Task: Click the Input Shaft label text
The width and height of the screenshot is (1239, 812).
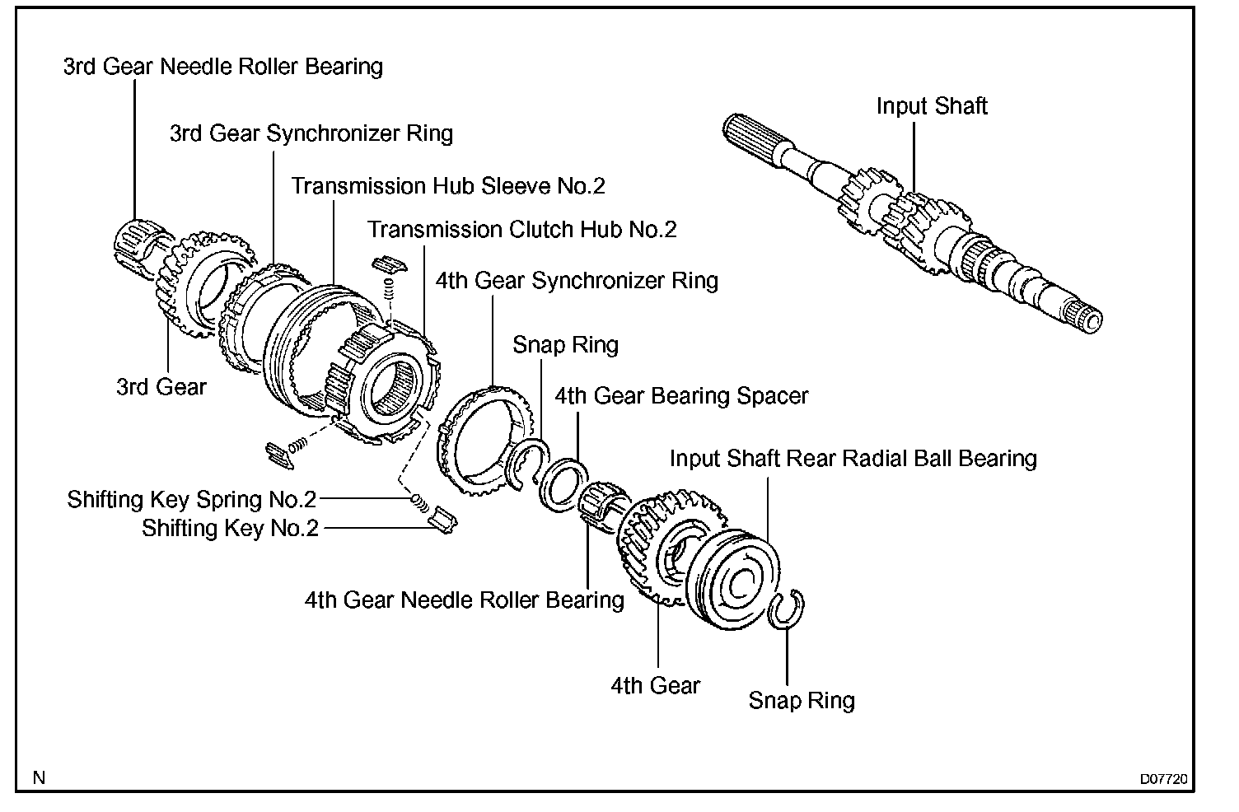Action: click(x=931, y=106)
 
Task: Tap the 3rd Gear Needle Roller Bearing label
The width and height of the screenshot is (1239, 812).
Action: click(x=222, y=67)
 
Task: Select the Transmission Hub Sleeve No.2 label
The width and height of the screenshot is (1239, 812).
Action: click(x=447, y=186)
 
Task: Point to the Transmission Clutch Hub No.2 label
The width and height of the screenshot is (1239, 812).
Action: click(x=521, y=229)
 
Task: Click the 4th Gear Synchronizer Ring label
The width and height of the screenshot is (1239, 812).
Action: click(x=576, y=281)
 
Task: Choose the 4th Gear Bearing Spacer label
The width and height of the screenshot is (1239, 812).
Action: click(x=681, y=396)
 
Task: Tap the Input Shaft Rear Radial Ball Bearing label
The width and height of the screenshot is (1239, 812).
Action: click(x=853, y=459)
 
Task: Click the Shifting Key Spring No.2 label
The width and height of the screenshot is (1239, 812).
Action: click(x=192, y=500)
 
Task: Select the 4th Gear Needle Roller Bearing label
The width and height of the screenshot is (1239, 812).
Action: click(x=464, y=600)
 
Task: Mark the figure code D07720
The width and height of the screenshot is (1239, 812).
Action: click(x=1163, y=778)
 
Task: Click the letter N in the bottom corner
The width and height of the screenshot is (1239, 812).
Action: click(x=39, y=777)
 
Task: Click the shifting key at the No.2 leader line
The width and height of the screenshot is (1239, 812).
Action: click(x=444, y=521)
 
